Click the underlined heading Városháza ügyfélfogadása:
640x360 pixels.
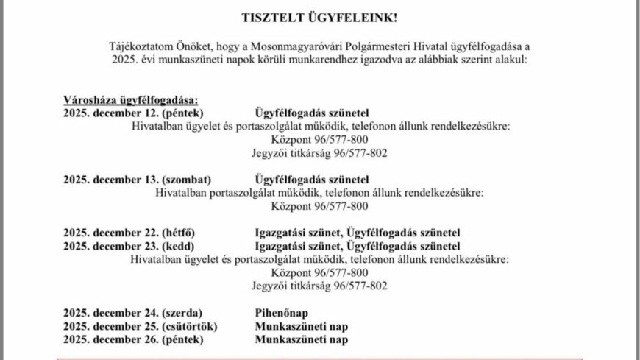[x=131, y=101]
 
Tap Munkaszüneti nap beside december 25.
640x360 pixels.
[x=301, y=325]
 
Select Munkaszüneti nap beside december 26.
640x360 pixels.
[x=301, y=339]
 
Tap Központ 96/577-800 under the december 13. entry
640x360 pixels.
[x=319, y=206]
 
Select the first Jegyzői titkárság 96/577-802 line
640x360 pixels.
[x=319, y=153]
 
